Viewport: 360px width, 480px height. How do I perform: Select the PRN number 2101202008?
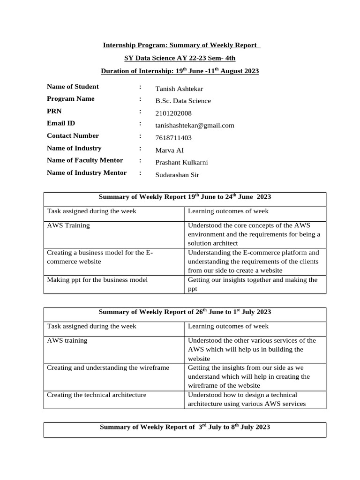(x=173, y=113)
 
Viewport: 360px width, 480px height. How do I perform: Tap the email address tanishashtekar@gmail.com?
(x=195, y=125)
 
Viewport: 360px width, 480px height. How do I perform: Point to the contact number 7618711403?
(x=173, y=138)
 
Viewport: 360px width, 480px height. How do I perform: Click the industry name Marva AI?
(x=170, y=150)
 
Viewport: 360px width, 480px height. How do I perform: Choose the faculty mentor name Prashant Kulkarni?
(x=181, y=162)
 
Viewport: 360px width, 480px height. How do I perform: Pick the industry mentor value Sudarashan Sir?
(x=178, y=175)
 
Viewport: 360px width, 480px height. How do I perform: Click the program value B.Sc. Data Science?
(x=183, y=101)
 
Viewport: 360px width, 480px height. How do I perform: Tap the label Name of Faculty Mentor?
(x=85, y=160)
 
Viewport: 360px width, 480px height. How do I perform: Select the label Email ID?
(x=61, y=123)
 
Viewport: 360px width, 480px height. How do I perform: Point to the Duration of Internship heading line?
(x=180, y=71)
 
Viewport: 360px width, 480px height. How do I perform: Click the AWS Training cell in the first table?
(x=68, y=225)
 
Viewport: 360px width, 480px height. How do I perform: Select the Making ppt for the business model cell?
(x=97, y=280)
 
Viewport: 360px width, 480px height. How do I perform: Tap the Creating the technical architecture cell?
(x=97, y=395)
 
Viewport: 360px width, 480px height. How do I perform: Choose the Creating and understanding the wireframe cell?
(x=108, y=368)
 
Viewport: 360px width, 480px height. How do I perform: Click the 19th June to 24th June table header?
(x=185, y=197)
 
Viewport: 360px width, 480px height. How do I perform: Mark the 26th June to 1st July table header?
(x=185, y=312)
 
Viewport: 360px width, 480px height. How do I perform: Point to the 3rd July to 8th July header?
(x=185, y=427)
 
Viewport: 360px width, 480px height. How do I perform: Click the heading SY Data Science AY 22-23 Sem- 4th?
(x=180, y=58)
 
